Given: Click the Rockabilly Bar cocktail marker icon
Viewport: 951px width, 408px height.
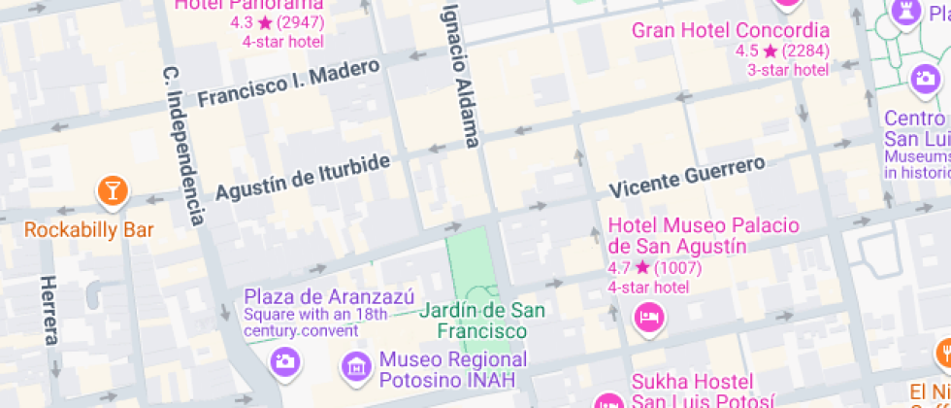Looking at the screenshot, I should (x=113, y=190).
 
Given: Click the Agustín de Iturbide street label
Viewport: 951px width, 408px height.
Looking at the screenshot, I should (x=302, y=177).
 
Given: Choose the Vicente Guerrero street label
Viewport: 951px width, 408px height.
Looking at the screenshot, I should (x=687, y=176).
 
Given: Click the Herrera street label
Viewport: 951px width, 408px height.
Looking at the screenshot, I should (x=49, y=310).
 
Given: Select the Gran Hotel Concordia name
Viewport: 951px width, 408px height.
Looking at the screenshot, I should (x=731, y=30).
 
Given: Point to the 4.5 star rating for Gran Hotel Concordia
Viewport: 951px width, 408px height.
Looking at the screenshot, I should (x=782, y=51).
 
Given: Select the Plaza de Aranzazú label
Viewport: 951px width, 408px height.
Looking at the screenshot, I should (x=329, y=296).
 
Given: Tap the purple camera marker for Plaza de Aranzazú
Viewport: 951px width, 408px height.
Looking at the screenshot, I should (x=285, y=361).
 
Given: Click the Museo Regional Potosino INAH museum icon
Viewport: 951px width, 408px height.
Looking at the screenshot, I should (x=357, y=366).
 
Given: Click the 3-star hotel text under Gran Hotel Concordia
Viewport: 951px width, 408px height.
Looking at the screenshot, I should (x=787, y=69).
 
